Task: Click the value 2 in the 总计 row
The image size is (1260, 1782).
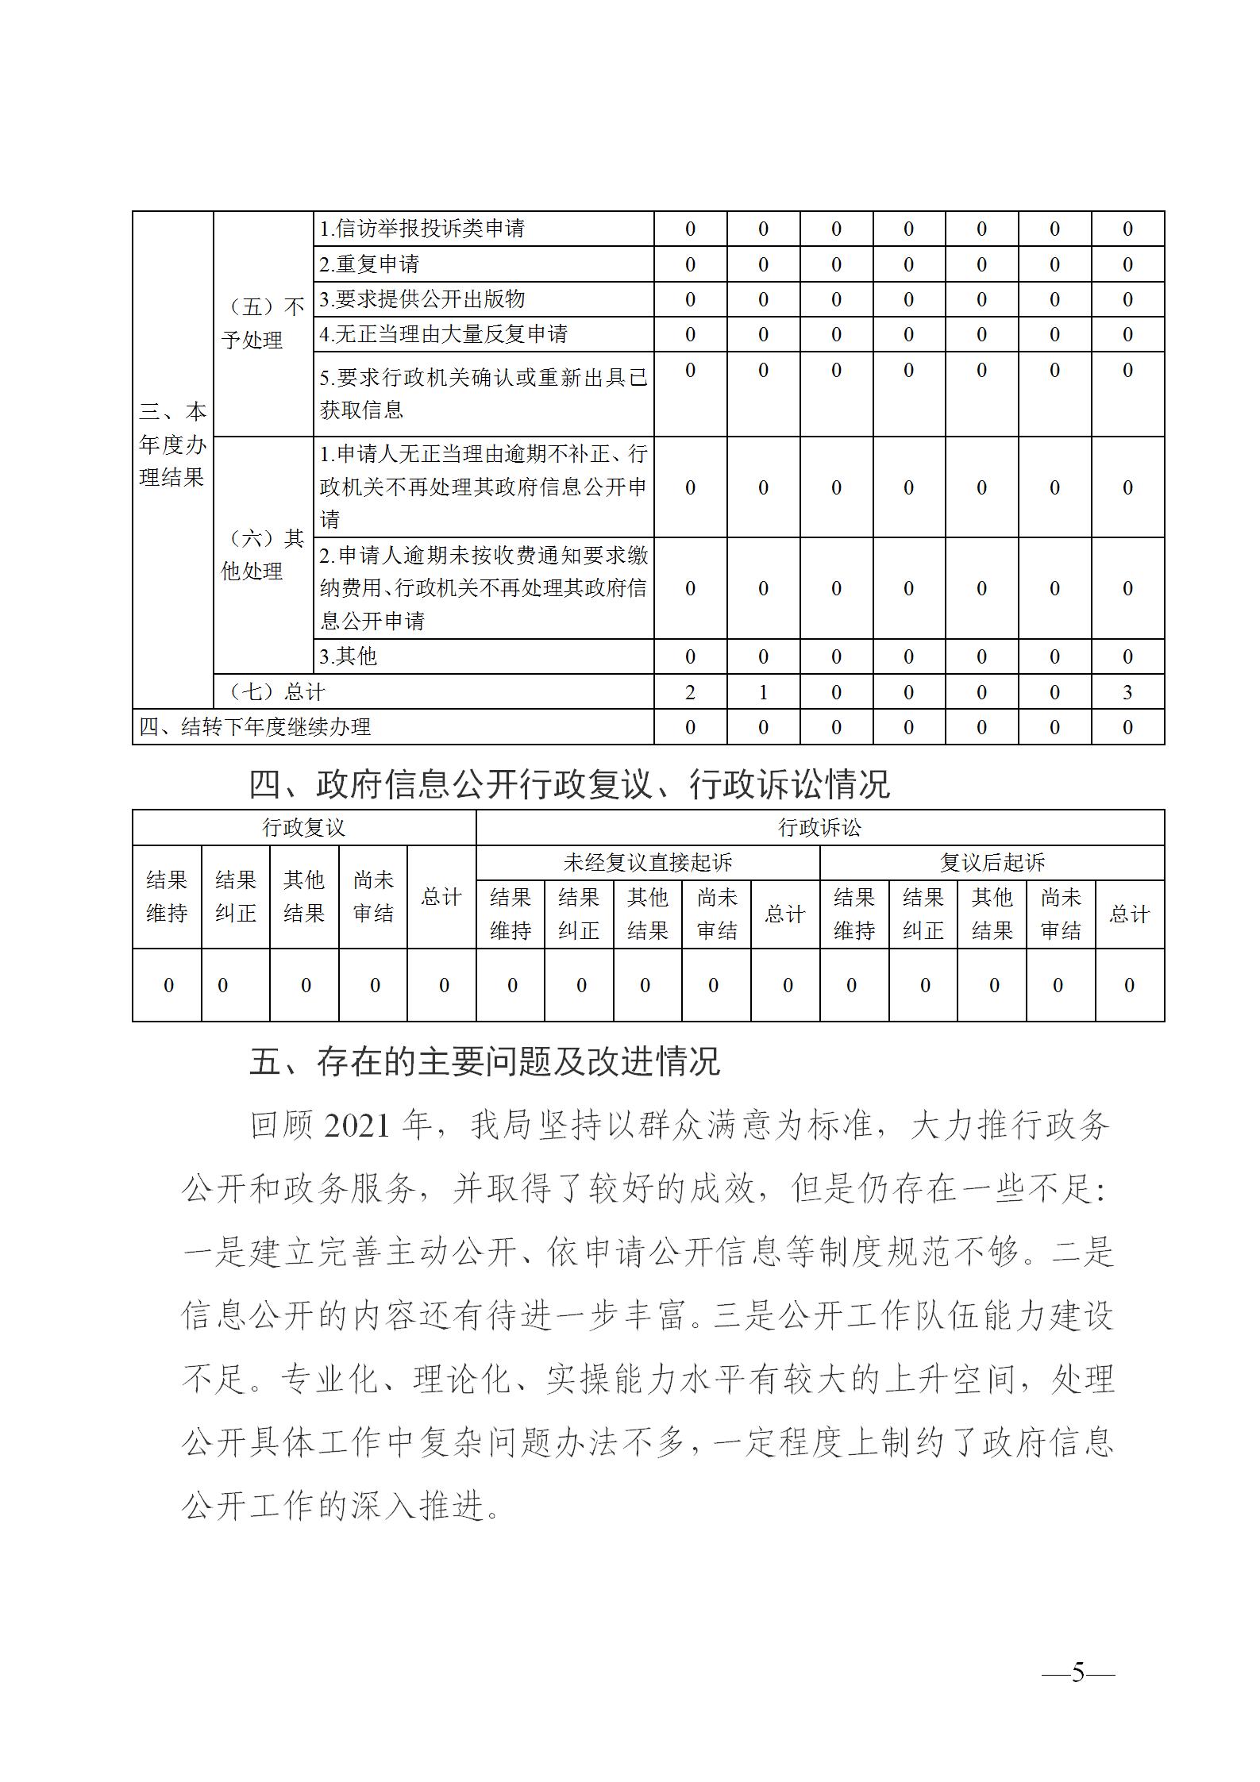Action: point(690,692)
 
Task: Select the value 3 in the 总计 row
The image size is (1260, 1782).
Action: point(1127,692)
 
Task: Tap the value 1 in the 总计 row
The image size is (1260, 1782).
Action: point(763,692)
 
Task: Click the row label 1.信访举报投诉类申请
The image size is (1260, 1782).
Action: point(422,229)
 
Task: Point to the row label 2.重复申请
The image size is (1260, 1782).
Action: point(369,264)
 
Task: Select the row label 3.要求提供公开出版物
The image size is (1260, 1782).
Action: point(422,299)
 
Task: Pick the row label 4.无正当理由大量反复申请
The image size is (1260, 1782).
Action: point(443,334)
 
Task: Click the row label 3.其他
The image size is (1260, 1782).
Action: point(348,656)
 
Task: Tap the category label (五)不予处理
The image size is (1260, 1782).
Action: point(262,323)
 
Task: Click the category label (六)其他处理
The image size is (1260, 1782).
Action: point(262,554)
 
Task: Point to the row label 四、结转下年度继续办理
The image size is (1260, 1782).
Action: point(255,727)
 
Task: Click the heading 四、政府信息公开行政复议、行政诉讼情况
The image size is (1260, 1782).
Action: point(569,785)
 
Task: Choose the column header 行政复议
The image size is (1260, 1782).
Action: point(304,828)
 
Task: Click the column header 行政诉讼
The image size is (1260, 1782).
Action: point(819,828)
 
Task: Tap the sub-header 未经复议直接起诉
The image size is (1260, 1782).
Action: point(647,863)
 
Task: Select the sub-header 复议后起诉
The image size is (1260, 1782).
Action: point(992,863)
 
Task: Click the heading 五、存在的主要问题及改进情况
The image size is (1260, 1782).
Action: point(484,1061)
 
